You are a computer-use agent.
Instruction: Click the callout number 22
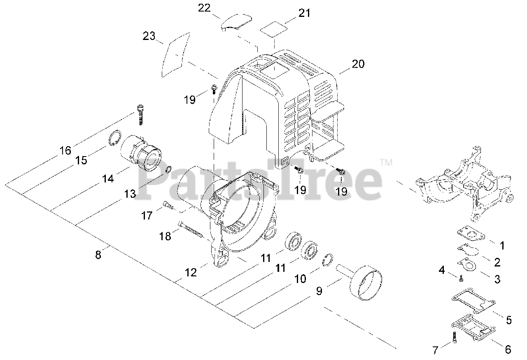pyautogui.click(x=205, y=8)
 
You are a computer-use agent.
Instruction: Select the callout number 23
pyautogui.click(x=149, y=36)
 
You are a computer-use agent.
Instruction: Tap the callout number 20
pyautogui.click(x=358, y=64)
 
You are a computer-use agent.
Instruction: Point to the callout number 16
pyautogui.click(x=65, y=150)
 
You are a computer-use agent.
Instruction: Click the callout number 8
pyautogui.click(x=98, y=255)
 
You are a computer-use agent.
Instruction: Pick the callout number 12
pyautogui.click(x=191, y=272)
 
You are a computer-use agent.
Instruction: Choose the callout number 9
pyautogui.click(x=319, y=291)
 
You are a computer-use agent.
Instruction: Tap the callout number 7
pyautogui.click(x=436, y=350)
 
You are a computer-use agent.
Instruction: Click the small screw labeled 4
pyautogui.click(x=461, y=279)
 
